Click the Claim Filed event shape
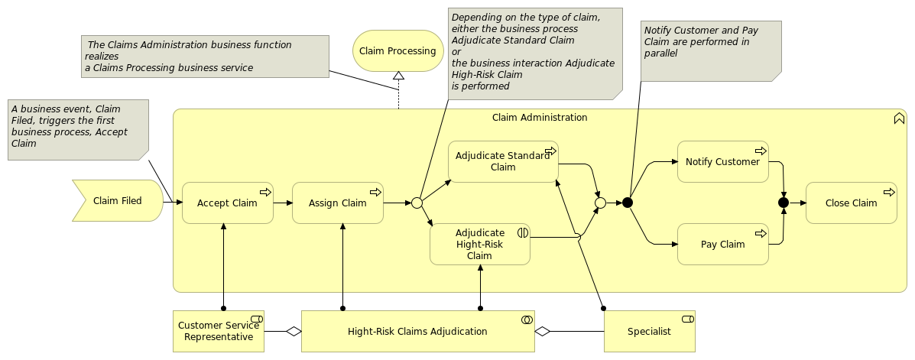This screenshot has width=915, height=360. (x=118, y=201)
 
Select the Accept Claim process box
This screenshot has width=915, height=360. (x=228, y=203)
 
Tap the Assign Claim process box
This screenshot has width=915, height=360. (x=338, y=203)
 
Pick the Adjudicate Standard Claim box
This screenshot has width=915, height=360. (x=503, y=161)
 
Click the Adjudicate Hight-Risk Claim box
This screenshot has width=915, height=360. (x=480, y=244)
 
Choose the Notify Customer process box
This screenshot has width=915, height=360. (x=723, y=161)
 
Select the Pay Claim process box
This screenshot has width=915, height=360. (x=723, y=244)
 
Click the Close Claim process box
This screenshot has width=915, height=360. (x=852, y=203)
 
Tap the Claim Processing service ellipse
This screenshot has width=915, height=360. (x=398, y=50)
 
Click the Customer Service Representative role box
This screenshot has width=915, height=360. (x=219, y=332)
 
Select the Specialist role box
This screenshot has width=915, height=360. (x=650, y=332)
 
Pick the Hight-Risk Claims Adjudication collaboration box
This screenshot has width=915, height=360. (x=418, y=332)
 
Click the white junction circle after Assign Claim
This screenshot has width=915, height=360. (x=417, y=203)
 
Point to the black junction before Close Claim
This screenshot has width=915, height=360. (x=784, y=203)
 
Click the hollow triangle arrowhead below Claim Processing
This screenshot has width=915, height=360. (x=398, y=75)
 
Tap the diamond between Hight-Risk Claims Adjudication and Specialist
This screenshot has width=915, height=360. (x=543, y=332)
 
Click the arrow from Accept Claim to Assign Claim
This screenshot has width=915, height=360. (x=282, y=203)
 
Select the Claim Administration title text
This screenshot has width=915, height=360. (x=540, y=117)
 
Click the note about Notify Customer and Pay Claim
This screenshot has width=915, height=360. (x=712, y=51)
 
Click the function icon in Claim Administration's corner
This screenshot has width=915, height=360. (x=899, y=118)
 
